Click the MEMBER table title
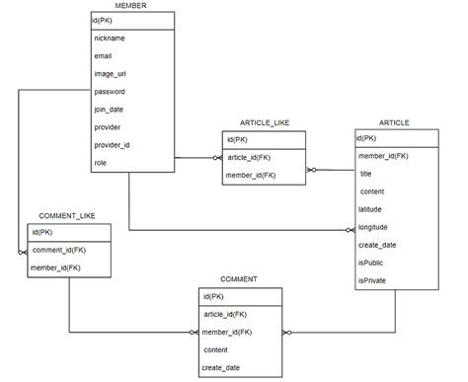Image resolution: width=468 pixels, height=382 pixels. pyautogui.click(x=131, y=7)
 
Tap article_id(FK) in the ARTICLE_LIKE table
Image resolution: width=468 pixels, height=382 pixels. pyautogui.click(x=250, y=157)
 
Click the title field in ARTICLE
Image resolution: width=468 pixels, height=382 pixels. pyautogui.click(x=368, y=174)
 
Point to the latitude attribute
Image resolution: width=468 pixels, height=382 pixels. pyautogui.click(x=371, y=209)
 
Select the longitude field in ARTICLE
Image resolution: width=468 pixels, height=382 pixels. pyautogui.click(x=374, y=227)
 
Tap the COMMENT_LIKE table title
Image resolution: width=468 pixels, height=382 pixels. pyautogui.click(x=67, y=215)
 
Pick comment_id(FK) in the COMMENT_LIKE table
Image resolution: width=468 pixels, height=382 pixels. pyautogui.click(x=58, y=250)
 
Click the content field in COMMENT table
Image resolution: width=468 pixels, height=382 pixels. pyautogui.click(x=215, y=349)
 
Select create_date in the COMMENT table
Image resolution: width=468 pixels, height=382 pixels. pyautogui.click(x=221, y=367)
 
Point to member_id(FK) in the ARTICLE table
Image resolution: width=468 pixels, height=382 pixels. pyautogui.click(x=383, y=156)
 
